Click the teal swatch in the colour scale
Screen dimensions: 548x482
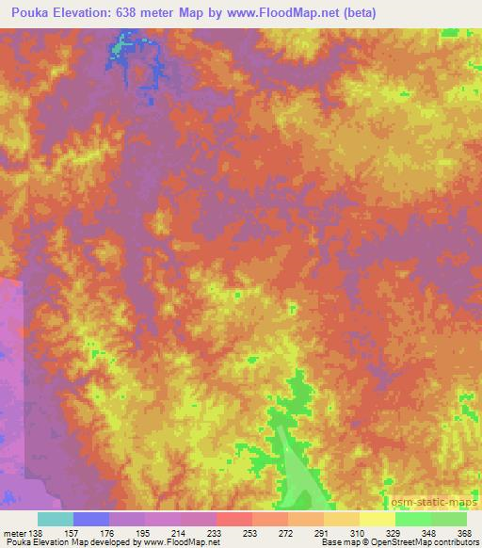tap(56, 519)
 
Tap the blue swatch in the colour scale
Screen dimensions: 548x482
tap(91, 519)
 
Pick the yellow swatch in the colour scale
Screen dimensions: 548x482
tap(377, 519)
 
